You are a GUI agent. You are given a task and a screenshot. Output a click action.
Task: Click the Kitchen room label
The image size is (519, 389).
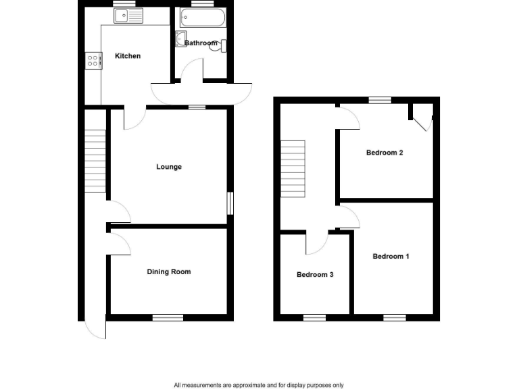128,56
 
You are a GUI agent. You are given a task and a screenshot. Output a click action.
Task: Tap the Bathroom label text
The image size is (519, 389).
201,43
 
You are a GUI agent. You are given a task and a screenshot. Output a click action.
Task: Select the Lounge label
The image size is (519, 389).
169,167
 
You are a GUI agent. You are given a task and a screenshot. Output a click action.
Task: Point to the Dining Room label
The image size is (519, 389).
169,272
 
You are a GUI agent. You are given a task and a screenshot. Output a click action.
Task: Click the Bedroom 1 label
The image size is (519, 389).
391,257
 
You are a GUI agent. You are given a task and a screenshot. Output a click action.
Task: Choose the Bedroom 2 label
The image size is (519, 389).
385,153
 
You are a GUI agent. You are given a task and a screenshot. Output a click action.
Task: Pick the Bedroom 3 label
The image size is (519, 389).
315,275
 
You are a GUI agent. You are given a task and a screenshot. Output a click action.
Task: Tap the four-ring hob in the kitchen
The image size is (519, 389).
93,61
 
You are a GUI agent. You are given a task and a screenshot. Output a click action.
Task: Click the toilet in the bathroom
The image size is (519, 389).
222,45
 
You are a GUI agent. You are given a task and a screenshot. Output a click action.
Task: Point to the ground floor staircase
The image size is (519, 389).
96,161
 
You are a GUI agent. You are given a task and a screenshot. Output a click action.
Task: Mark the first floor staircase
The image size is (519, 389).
293,170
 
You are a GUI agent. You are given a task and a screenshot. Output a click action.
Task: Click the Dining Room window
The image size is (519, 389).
168,317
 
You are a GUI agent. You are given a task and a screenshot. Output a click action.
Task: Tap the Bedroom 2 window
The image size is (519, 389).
380,100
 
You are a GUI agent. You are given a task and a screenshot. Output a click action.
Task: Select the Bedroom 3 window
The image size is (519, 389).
314,317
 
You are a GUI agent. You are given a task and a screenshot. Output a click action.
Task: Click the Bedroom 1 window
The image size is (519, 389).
394,317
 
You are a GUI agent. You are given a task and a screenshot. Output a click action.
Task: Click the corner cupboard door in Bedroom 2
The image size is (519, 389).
423,122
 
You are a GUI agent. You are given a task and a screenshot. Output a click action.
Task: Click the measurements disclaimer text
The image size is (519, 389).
259,385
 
